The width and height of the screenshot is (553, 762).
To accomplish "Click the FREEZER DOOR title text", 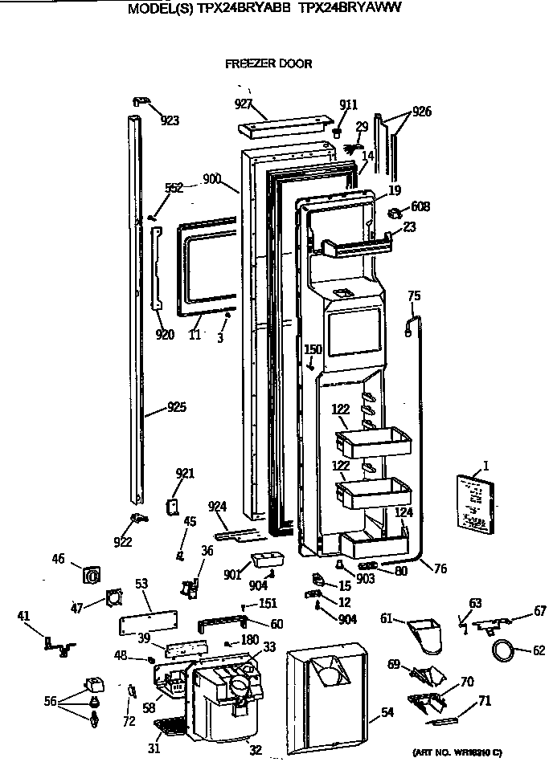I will tap(268, 63).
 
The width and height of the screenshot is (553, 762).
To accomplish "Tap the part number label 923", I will tap(169, 120).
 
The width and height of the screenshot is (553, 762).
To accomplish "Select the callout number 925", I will tap(176, 408).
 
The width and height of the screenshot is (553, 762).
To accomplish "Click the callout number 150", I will tap(313, 349).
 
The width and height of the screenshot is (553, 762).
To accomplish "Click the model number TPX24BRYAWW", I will tap(350, 8).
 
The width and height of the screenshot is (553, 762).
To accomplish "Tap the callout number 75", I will tap(413, 296).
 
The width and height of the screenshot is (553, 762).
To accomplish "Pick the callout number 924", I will tap(216, 507).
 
